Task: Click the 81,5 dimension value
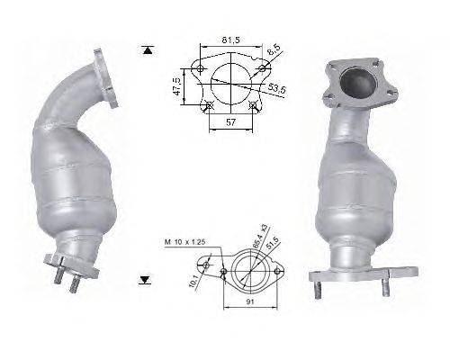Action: pos(230,39)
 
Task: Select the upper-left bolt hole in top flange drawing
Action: pos(199,68)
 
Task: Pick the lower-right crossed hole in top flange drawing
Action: pos(255,104)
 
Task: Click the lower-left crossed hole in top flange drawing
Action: pos(208,105)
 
